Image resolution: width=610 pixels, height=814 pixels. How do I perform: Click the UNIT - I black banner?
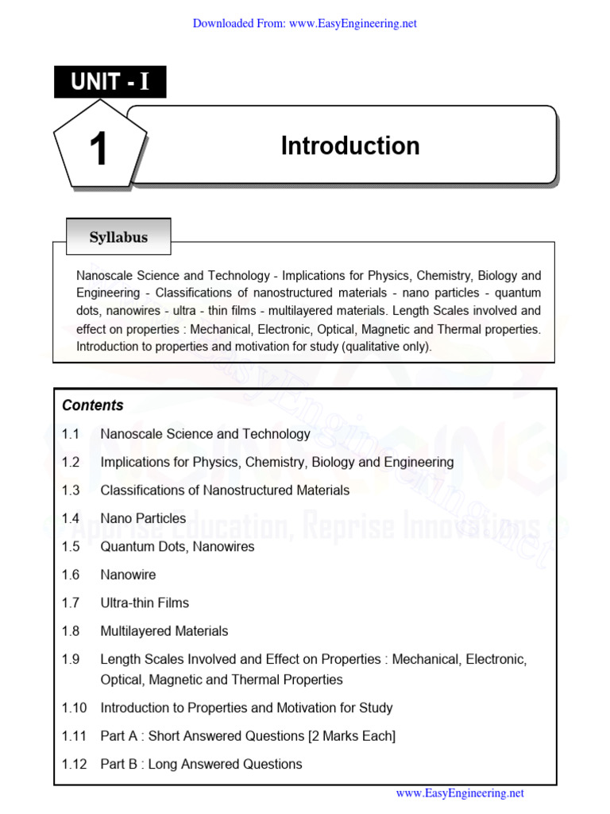pyautogui.click(x=110, y=82)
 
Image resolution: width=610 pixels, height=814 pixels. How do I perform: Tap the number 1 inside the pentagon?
pyautogui.click(x=98, y=149)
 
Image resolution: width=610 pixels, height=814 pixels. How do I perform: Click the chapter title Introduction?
pyautogui.click(x=349, y=146)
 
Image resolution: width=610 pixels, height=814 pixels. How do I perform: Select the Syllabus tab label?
pyautogui.click(x=118, y=237)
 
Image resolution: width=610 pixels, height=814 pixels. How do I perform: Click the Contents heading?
pyautogui.click(x=93, y=405)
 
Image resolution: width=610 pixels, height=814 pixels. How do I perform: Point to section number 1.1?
pyautogui.click(x=71, y=434)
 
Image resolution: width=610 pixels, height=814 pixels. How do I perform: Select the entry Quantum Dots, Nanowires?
pyautogui.click(x=177, y=547)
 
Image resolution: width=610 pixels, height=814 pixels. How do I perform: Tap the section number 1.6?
pyautogui.click(x=71, y=575)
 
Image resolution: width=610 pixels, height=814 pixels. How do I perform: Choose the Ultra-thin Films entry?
pyautogui.click(x=145, y=603)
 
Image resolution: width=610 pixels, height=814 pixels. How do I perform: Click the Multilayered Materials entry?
pyautogui.click(x=164, y=631)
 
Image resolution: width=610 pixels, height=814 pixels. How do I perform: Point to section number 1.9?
pyautogui.click(x=71, y=660)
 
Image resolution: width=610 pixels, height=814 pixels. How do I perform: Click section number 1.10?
pyautogui.click(x=73, y=707)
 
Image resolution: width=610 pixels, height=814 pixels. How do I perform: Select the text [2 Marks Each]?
pyautogui.click(x=351, y=736)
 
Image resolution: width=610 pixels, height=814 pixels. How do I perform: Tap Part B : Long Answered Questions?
pyautogui.click(x=201, y=764)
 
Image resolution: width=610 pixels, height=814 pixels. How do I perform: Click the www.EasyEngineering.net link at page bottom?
pyautogui.click(x=460, y=793)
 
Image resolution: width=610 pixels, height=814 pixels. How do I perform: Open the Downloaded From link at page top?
pyautogui.click(x=305, y=24)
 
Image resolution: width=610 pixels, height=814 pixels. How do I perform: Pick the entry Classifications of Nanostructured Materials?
pyautogui.click(x=225, y=490)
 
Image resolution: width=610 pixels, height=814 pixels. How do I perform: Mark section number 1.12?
pyautogui.click(x=73, y=764)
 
